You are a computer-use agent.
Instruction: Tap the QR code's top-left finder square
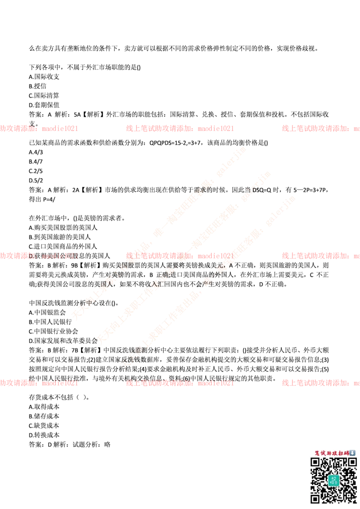click(315, 462)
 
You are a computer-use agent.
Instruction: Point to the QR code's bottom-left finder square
click(315, 498)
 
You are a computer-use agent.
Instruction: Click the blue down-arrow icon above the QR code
click(353, 453)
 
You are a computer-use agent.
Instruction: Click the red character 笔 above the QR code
click(317, 453)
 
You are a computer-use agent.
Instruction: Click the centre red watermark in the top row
click(180, 128)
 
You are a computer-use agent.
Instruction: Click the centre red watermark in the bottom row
click(180, 384)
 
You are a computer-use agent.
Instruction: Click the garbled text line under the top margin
click(171, 46)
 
